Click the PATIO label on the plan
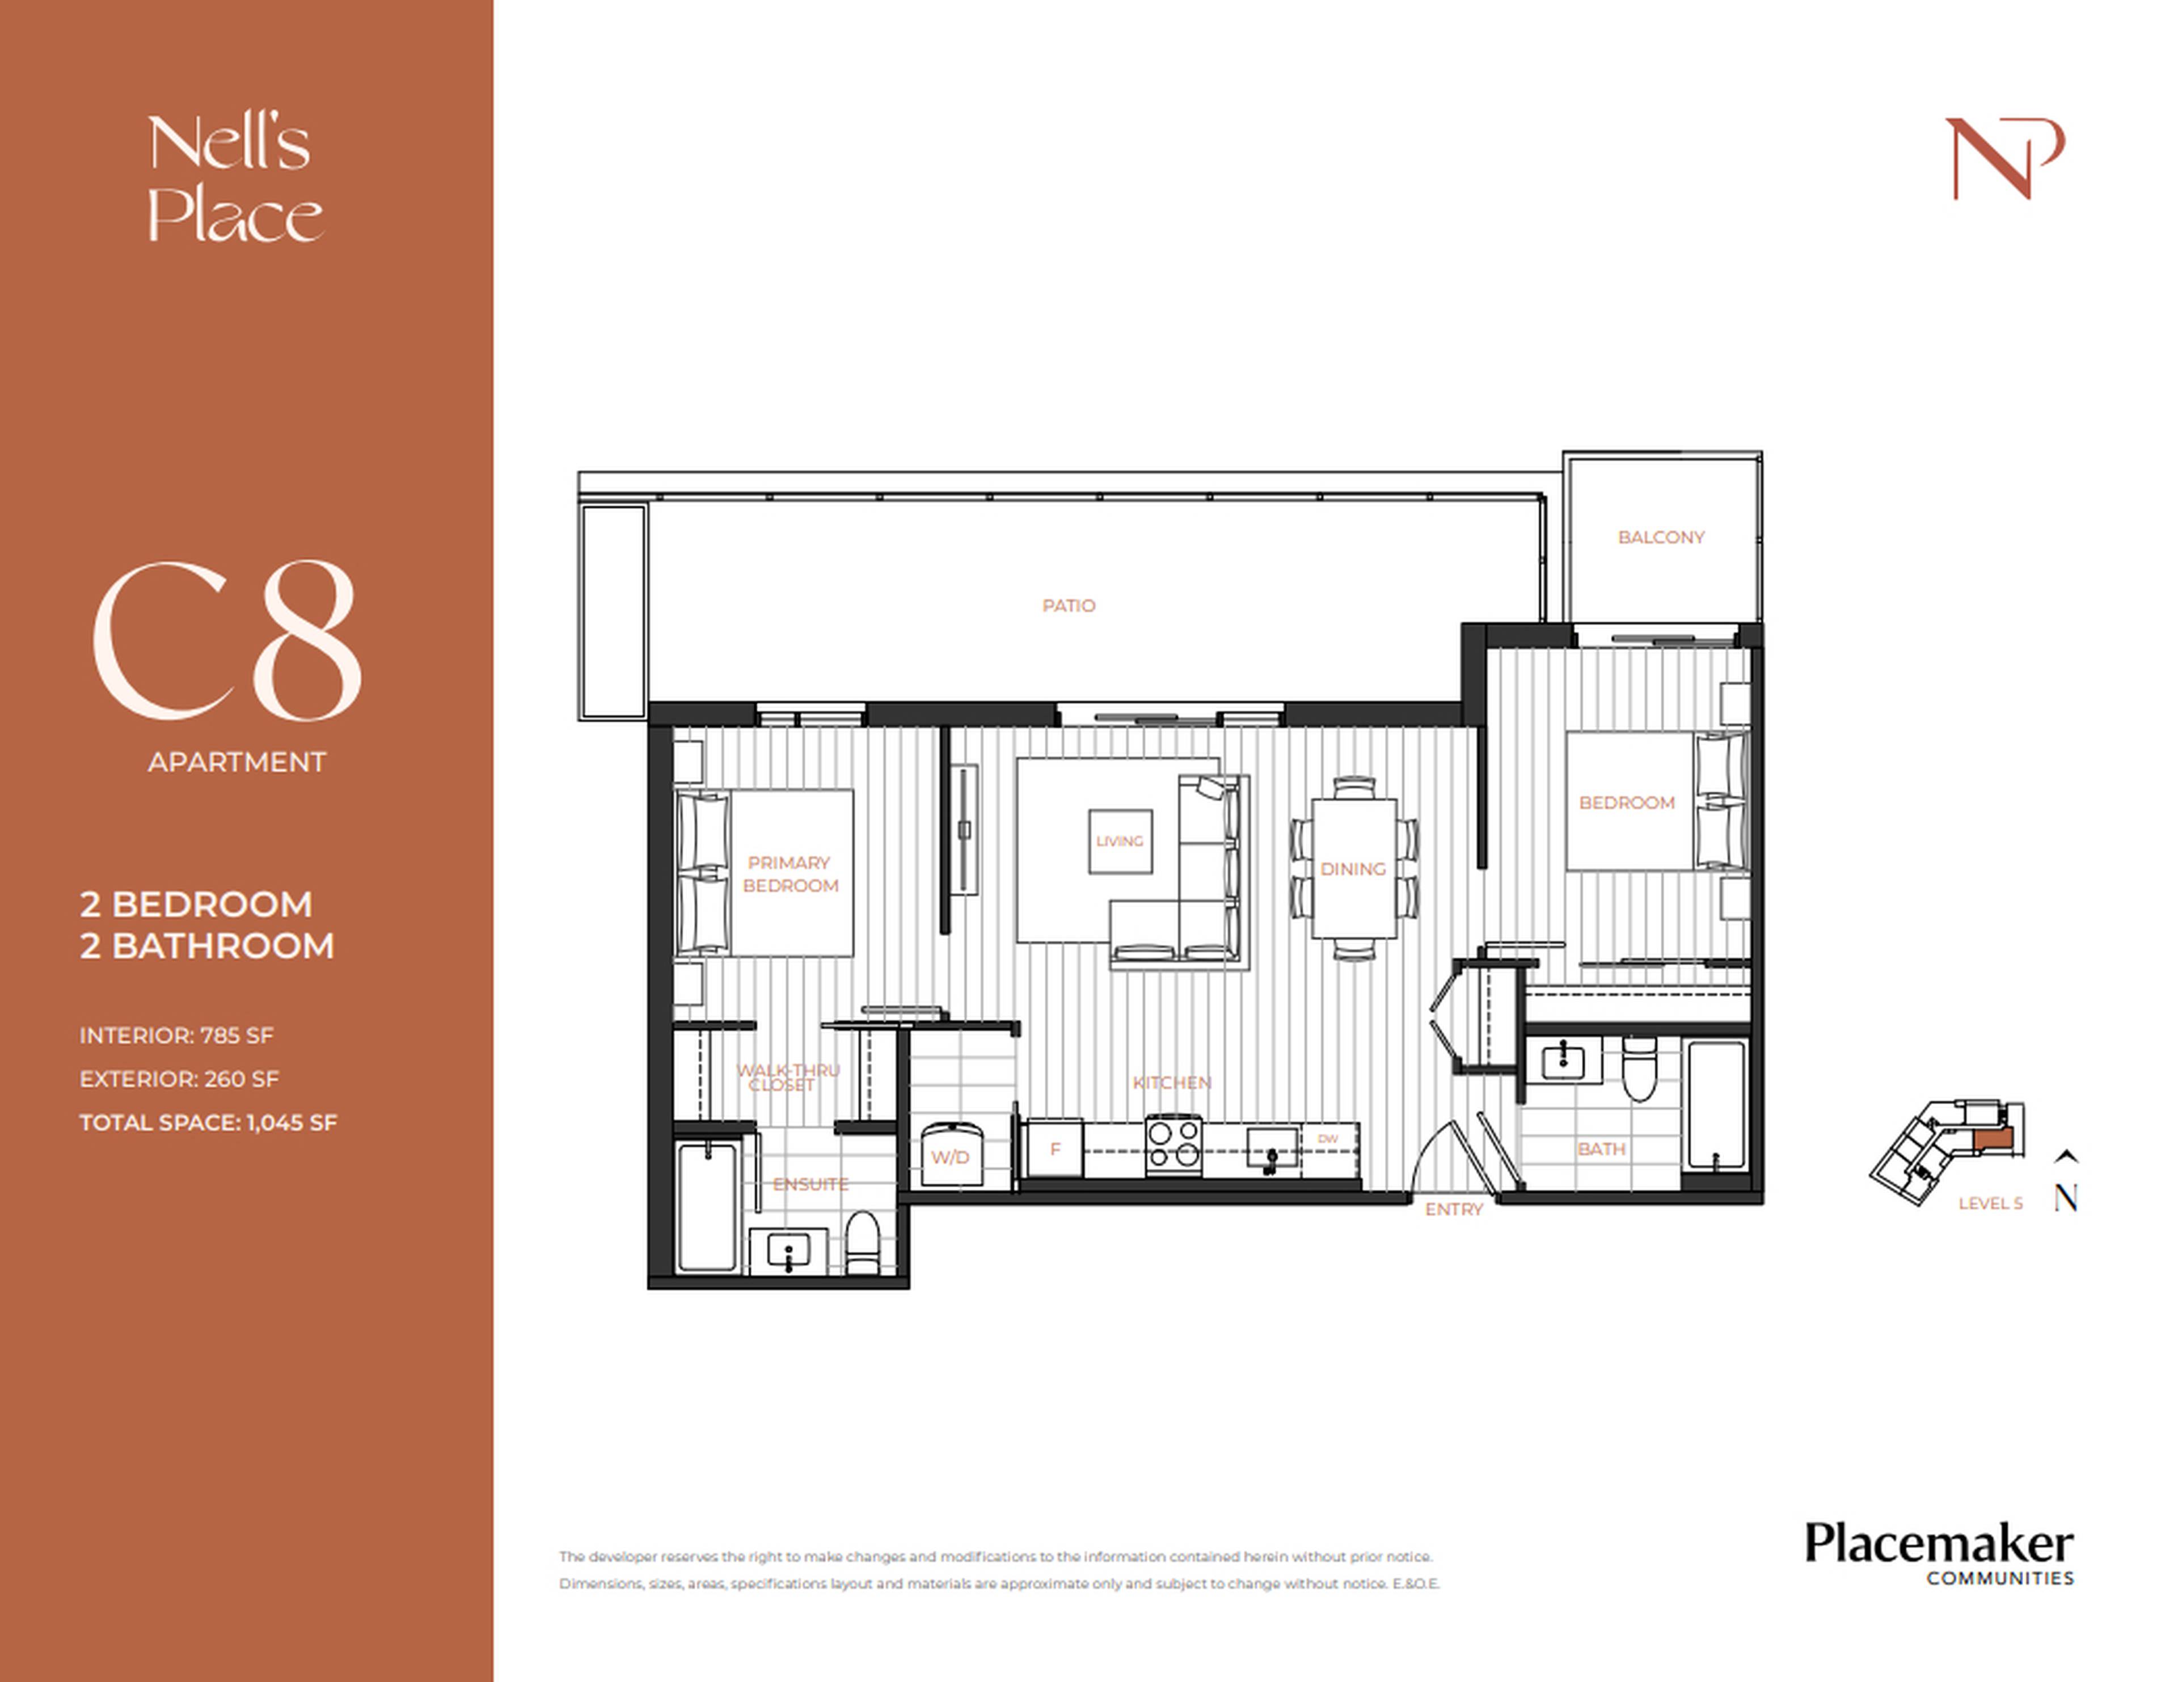coord(1068,605)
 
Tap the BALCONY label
coord(1660,538)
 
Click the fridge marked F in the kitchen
coord(1054,1148)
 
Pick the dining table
coord(1353,868)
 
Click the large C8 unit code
coord(227,640)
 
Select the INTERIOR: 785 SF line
coord(176,1035)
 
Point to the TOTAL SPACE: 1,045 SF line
coord(208,1123)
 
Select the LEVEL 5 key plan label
coord(1990,1203)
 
